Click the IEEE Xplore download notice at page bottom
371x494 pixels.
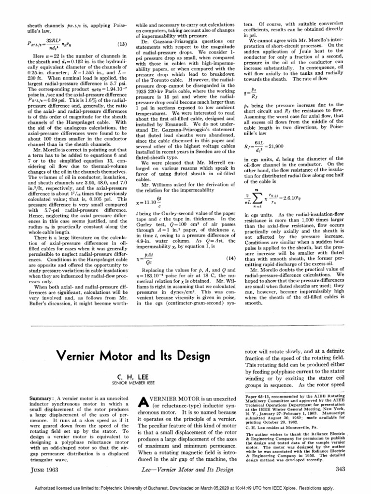pos(185,488)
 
